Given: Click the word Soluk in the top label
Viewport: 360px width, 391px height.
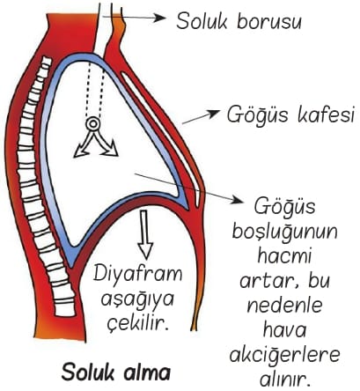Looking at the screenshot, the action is [202, 21].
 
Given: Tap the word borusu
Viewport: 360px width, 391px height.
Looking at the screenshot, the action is [269, 21].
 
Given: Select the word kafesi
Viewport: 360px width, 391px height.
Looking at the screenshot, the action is [327, 114].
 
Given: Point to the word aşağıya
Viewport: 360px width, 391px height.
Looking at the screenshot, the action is [137, 300].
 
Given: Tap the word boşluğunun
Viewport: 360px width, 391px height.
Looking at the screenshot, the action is [285, 232].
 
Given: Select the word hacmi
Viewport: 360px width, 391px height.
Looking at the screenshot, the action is [284, 255].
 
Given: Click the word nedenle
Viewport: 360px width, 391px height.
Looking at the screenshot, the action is [284, 306].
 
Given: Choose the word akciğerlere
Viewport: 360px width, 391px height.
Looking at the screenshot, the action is [284, 356].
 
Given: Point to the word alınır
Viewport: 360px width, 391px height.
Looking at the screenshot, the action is [285, 379].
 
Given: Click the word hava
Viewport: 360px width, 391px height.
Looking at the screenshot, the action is [284, 329].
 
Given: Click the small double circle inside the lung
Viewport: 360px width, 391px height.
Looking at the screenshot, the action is [93, 124].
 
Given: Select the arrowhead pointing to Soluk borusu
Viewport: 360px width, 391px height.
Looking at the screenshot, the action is [160, 18].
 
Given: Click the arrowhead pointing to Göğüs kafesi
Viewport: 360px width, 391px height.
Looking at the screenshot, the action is [214, 113].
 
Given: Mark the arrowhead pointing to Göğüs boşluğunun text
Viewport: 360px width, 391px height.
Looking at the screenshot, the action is [238, 200].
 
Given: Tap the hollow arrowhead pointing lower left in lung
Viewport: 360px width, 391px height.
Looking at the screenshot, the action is [81, 151].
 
